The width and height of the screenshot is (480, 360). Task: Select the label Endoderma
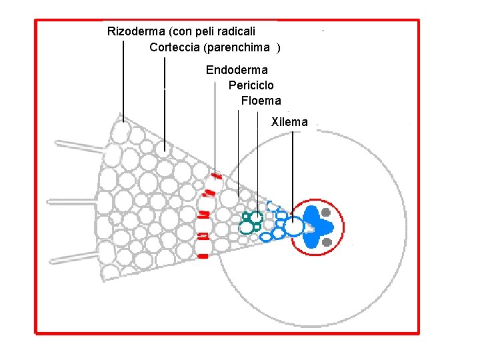[x=237, y=70]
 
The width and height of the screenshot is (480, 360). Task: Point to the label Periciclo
[x=251, y=85]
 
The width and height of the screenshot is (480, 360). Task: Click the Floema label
[x=261, y=101]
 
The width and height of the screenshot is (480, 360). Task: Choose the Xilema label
[x=289, y=122]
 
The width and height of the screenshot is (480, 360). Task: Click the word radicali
[x=236, y=31]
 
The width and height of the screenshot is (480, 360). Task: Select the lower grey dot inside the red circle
[x=327, y=242]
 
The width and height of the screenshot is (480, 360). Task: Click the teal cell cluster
[x=252, y=223]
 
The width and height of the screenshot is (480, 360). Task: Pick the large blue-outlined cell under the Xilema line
[x=293, y=227]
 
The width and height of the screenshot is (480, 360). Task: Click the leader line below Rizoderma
[x=123, y=80]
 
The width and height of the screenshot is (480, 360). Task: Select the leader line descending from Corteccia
[x=165, y=100]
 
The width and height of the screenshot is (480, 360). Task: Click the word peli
[x=205, y=31]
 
